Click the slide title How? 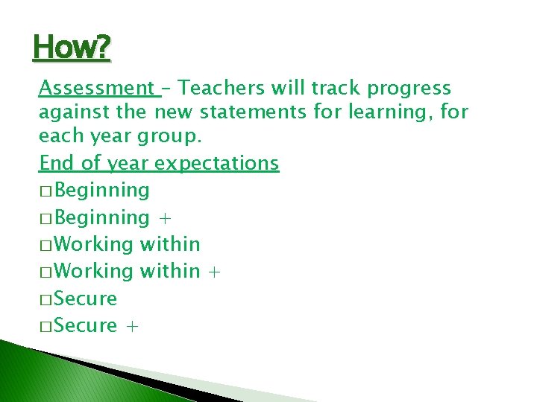coord(72,49)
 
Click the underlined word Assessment coord(95,89)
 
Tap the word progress coord(409,89)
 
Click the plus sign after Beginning coord(165,218)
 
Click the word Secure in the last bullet coord(86,326)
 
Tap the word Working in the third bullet coord(95,244)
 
